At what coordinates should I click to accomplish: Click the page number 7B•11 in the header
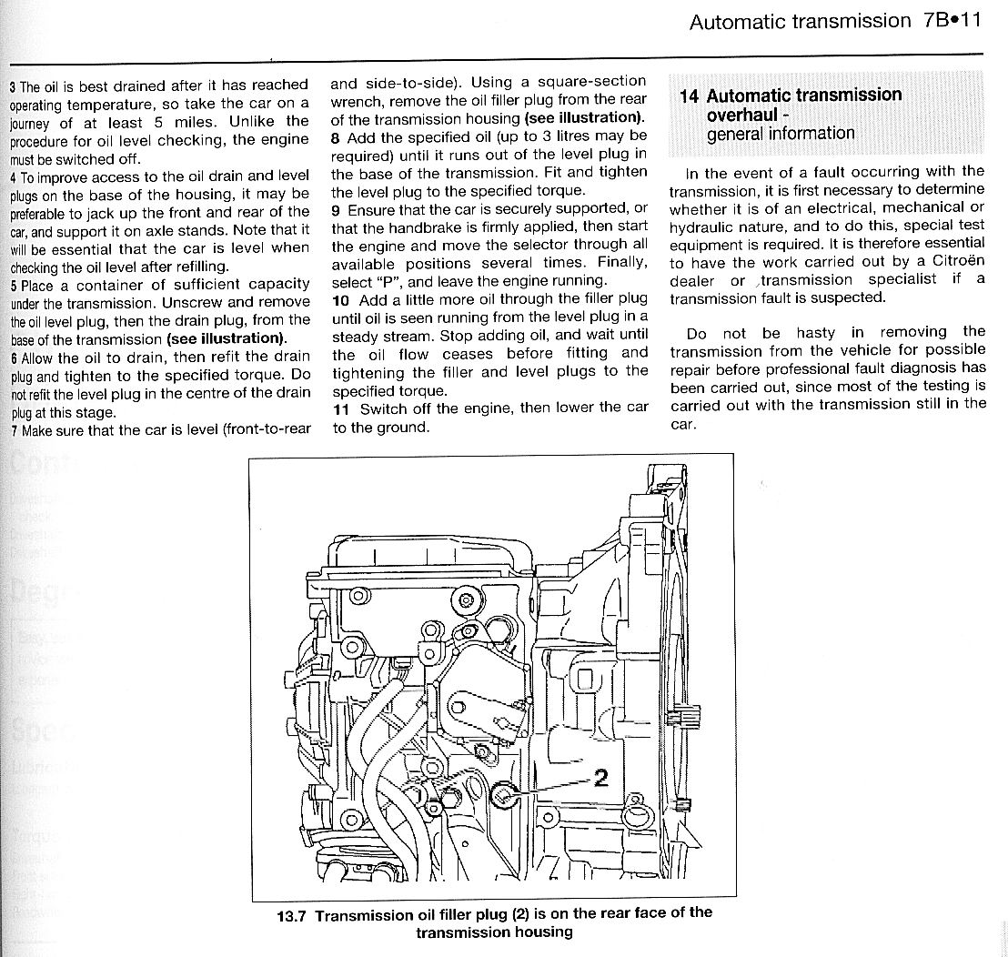coord(947,20)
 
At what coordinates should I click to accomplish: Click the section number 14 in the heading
coord(690,96)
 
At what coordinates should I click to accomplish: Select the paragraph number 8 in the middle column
coord(336,136)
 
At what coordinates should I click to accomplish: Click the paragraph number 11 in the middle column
coord(340,408)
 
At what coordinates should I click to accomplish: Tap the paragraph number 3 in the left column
coord(13,88)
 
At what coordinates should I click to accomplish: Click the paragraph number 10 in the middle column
coord(340,299)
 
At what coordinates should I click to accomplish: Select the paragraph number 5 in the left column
coord(13,286)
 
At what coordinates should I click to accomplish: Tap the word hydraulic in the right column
coord(703,227)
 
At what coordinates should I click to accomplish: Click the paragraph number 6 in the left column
coord(13,358)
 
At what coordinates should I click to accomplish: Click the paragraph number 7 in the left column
coord(13,431)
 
